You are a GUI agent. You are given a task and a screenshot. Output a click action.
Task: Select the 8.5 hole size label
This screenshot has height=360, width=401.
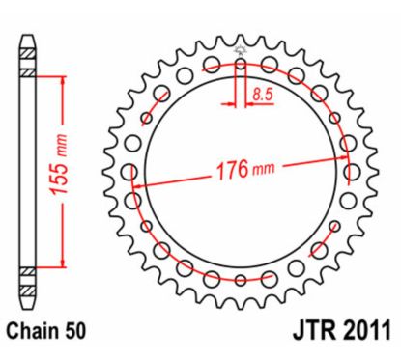pos(262,94)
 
